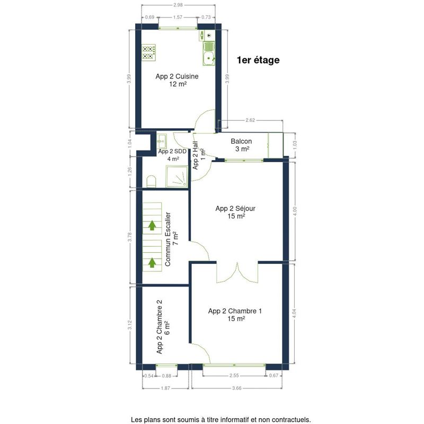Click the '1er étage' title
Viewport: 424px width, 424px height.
coord(258,60)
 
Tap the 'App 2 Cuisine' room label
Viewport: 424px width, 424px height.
coord(177,76)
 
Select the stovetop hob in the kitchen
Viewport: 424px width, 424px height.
coord(149,52)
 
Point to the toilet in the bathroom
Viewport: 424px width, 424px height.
coord(152,181)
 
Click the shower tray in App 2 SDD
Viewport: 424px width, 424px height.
coord(177,176)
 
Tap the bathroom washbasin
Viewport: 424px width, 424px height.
coord(162,140)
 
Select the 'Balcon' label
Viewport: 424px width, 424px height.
coord(241,141)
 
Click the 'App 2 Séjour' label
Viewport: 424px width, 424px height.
coord(235,208)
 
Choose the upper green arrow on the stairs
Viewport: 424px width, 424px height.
coord(152,225)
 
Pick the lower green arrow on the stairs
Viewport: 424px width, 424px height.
coord(152,262)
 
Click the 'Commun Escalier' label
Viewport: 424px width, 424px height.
coord(167,239)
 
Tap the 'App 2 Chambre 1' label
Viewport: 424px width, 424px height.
coord(235,311)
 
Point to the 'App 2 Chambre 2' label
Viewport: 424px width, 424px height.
coord(160,326)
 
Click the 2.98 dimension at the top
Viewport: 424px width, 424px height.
coord(178,5)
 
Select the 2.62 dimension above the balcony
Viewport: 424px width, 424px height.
coord(250,120)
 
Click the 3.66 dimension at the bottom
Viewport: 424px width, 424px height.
coord(236,388)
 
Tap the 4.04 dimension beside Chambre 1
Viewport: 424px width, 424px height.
coord(295,313)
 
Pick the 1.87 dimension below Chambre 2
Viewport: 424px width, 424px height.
coord(165,388)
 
